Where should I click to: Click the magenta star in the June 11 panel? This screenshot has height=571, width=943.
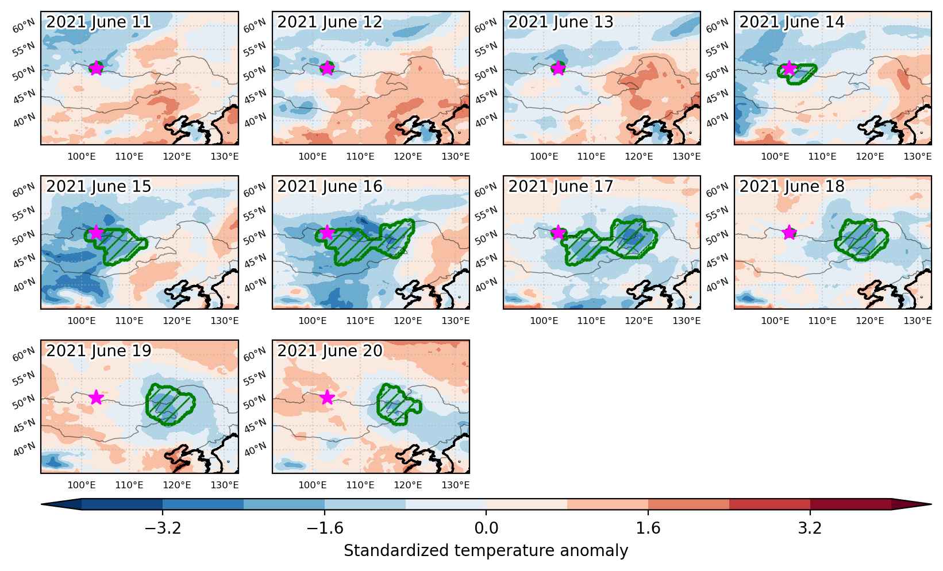(x=97, y=68)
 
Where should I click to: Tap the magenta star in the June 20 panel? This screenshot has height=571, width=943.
(x=327, y=397)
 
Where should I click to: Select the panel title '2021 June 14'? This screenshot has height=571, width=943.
(x=791, y=22)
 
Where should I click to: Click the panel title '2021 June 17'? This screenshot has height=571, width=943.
(x=560, y=186)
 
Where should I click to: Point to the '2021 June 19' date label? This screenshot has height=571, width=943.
(x=98, y=350)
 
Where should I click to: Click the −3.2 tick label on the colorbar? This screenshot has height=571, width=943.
(x=163, y=528)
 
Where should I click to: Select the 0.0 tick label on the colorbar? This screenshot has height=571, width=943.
(x=486, y=528)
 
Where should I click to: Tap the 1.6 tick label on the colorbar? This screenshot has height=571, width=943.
(x=648, y=528)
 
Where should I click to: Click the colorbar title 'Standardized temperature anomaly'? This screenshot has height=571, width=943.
(x=486, y=551)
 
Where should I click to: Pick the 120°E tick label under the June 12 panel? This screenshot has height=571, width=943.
(x=407, y=157)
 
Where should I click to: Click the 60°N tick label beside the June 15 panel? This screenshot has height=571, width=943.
(x=24, y=191)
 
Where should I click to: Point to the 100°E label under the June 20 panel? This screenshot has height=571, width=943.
(x=313, y=485)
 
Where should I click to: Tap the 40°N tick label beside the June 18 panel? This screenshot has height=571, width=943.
(x=717, y=285)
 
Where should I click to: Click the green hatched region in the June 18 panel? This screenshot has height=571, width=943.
(x=861, y=240)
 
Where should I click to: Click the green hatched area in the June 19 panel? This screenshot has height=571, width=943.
(x=170, y=404)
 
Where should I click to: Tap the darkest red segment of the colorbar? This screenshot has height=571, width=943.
(x=850, y=504)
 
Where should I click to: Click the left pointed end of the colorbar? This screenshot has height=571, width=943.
(x=42, y=504)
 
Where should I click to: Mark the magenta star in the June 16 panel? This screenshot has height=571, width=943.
(x=327, y=232)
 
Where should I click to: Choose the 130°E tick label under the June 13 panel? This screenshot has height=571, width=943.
(x=686, y=157)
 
